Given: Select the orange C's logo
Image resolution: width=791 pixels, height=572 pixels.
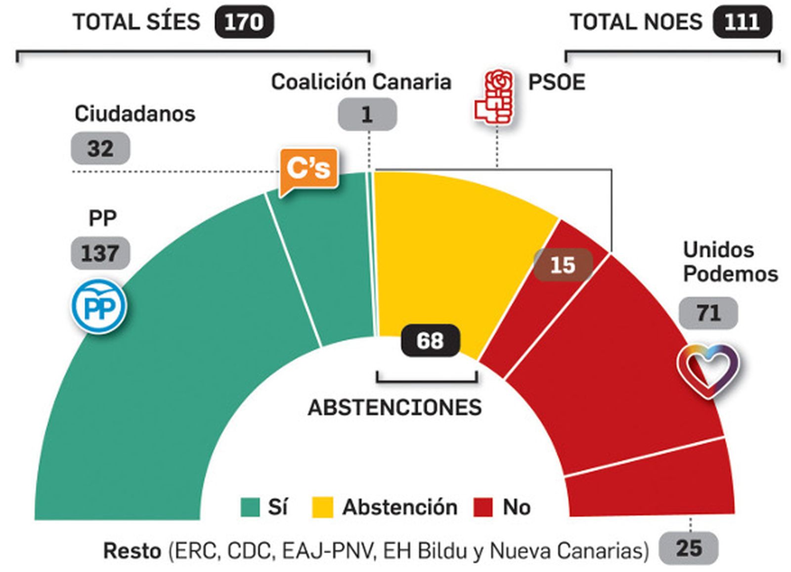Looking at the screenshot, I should click(x=308, y=169).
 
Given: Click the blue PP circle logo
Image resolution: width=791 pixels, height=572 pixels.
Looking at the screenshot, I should click(x=99, y=306).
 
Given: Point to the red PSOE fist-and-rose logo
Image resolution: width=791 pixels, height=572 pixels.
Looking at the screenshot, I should click(x=495, y=96).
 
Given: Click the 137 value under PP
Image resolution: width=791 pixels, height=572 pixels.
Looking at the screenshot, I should click(x=100, y=253).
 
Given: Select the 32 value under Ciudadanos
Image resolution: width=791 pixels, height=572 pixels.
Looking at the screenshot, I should click(x=100, y=148).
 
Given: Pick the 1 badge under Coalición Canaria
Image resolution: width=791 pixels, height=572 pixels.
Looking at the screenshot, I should click(x=367, y=115).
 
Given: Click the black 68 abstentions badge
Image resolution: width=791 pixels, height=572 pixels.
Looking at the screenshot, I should click(x=430, y=340).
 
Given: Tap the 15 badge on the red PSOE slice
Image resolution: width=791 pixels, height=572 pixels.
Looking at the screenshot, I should click(x=563, y=265).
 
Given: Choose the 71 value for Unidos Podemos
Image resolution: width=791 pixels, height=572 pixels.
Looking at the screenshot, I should click(x=708, y=313).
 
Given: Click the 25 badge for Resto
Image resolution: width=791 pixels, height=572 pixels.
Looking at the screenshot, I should click(x=689, y=548).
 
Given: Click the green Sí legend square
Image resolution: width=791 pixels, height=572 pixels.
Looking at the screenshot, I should click(x=250, y=507).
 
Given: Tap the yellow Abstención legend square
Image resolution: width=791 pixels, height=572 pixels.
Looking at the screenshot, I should click(x=323, y=507).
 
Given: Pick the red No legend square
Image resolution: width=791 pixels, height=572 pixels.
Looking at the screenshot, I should click(x=483, y=507).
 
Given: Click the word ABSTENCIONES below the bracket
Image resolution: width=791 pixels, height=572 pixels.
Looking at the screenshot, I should click(x=395, y=408).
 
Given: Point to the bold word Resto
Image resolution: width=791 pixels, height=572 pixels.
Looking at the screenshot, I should click(x=132, y=550).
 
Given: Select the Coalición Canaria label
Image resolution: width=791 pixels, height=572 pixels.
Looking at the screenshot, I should click(x=361, y=82).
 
